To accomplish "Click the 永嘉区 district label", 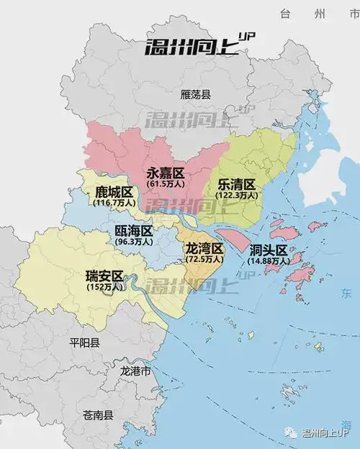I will coord(166,173).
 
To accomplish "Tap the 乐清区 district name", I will coord(237,184).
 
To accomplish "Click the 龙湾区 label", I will coord(205,248).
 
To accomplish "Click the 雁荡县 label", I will coord(195,94).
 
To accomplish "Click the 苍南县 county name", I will coord(98,415).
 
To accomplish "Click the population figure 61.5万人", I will coord(166,184).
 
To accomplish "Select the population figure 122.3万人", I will coord(237,195).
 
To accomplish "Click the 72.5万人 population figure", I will coord(205,259).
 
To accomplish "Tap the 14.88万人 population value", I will coord(269,261).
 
